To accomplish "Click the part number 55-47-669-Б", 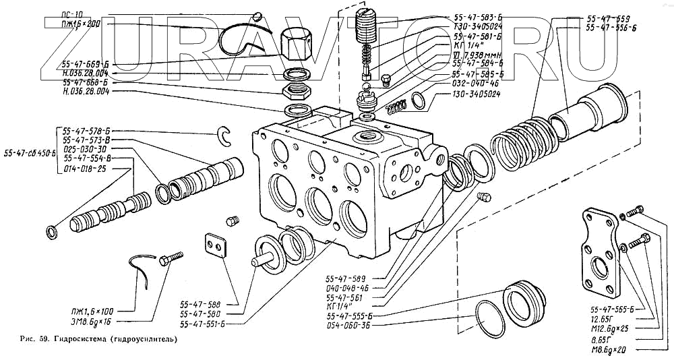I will pyautogui.click(x=86, y=65).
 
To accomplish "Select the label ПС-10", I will pyautogui.click(x=72, y=14).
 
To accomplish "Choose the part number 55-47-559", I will pyautogui.click(x=608, y=18).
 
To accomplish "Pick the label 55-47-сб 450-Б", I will pyautogui.click(x=28, y=152).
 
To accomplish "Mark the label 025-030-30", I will pyautogui.click(x=84, y=148).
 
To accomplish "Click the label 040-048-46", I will pyautogui.click(x=348, y=288).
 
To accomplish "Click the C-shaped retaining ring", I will pyautogui.click(x=226, y=136).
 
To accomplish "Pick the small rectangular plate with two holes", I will pyautogui.click(x=215, y=245).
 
